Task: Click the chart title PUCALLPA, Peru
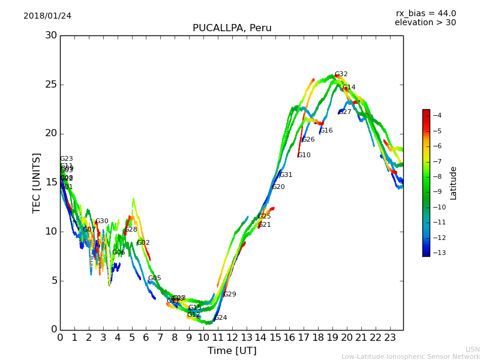(232, 28)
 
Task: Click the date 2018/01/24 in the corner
(47, 16)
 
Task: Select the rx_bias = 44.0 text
(425, 13)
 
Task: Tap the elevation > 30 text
(425, 23)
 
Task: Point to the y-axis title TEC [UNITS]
(37, 182)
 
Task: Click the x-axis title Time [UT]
(232, 350)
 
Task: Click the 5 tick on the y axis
(53, 280)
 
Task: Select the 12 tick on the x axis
(232, 337)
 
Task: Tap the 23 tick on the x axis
(390, 337)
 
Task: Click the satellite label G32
(341, 74)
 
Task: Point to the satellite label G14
(349, 88)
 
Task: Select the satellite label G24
(220, 318)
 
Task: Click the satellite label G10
(304, 155)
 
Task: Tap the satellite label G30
(101, 221)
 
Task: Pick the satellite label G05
(154, 278)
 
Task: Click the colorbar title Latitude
(454, 183)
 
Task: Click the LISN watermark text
(473, 349)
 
